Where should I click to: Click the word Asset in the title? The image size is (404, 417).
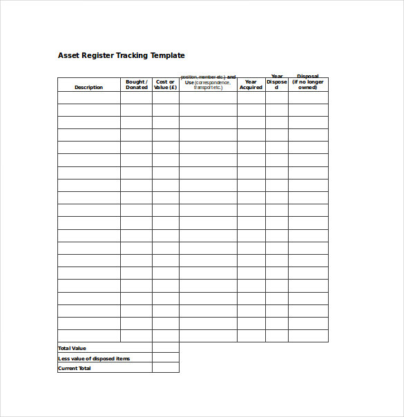pos(69,55)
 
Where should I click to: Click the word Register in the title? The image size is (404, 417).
pos(100,55)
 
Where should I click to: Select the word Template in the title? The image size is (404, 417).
pos(170,55)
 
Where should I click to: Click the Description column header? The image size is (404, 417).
pos(88,88)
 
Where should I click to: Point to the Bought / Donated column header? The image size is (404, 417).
pos(136,85)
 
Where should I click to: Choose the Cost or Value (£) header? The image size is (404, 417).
pos(165,85)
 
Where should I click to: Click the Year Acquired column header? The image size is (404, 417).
pos(251,85)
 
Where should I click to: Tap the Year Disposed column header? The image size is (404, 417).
pos(277,82)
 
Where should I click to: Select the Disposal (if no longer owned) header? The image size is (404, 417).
pos(308,82)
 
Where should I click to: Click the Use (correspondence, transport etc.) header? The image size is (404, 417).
pos(208,82)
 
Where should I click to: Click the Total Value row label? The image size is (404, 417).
pos(73,348)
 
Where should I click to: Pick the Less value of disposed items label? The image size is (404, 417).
pos(94,358)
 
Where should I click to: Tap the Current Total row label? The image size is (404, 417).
pos(75,368)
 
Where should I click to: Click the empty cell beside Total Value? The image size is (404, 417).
pos(165,348)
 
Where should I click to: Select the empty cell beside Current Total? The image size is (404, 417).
pos(165,368)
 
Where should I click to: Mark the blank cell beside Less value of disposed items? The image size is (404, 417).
pos(165,358)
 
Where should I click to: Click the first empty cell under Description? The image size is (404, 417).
pos(88,98)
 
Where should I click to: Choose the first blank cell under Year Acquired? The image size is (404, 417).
pos(251,98)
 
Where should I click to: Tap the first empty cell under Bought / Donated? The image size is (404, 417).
pos(136,98)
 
